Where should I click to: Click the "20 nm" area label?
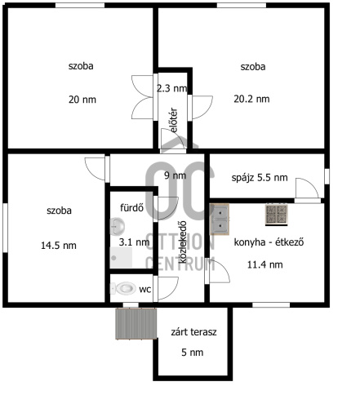coord(82,100)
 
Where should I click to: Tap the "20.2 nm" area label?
coord(251,99)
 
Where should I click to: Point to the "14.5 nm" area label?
coord(59,246)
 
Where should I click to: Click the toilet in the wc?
coord(123,288)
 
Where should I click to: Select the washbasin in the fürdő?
coord(118,226)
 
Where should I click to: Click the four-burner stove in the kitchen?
coord(277,215)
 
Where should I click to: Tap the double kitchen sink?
coord(220,220)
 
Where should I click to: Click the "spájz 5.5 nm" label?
coord(260,178)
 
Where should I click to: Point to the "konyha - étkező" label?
coord(269,242)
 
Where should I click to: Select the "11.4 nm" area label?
coord(264,264)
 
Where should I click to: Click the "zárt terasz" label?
coord(193,332)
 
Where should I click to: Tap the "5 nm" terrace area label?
coord(192,353)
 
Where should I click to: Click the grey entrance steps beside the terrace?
coord(136,324)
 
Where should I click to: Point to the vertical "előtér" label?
coord(173,120)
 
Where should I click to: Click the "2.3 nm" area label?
coord(171,88)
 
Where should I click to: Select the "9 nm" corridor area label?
coord(176,175)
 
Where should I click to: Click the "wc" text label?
coord(144,290)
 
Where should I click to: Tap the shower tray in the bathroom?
coord(121,257)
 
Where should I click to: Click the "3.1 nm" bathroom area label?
coord(134,242)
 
